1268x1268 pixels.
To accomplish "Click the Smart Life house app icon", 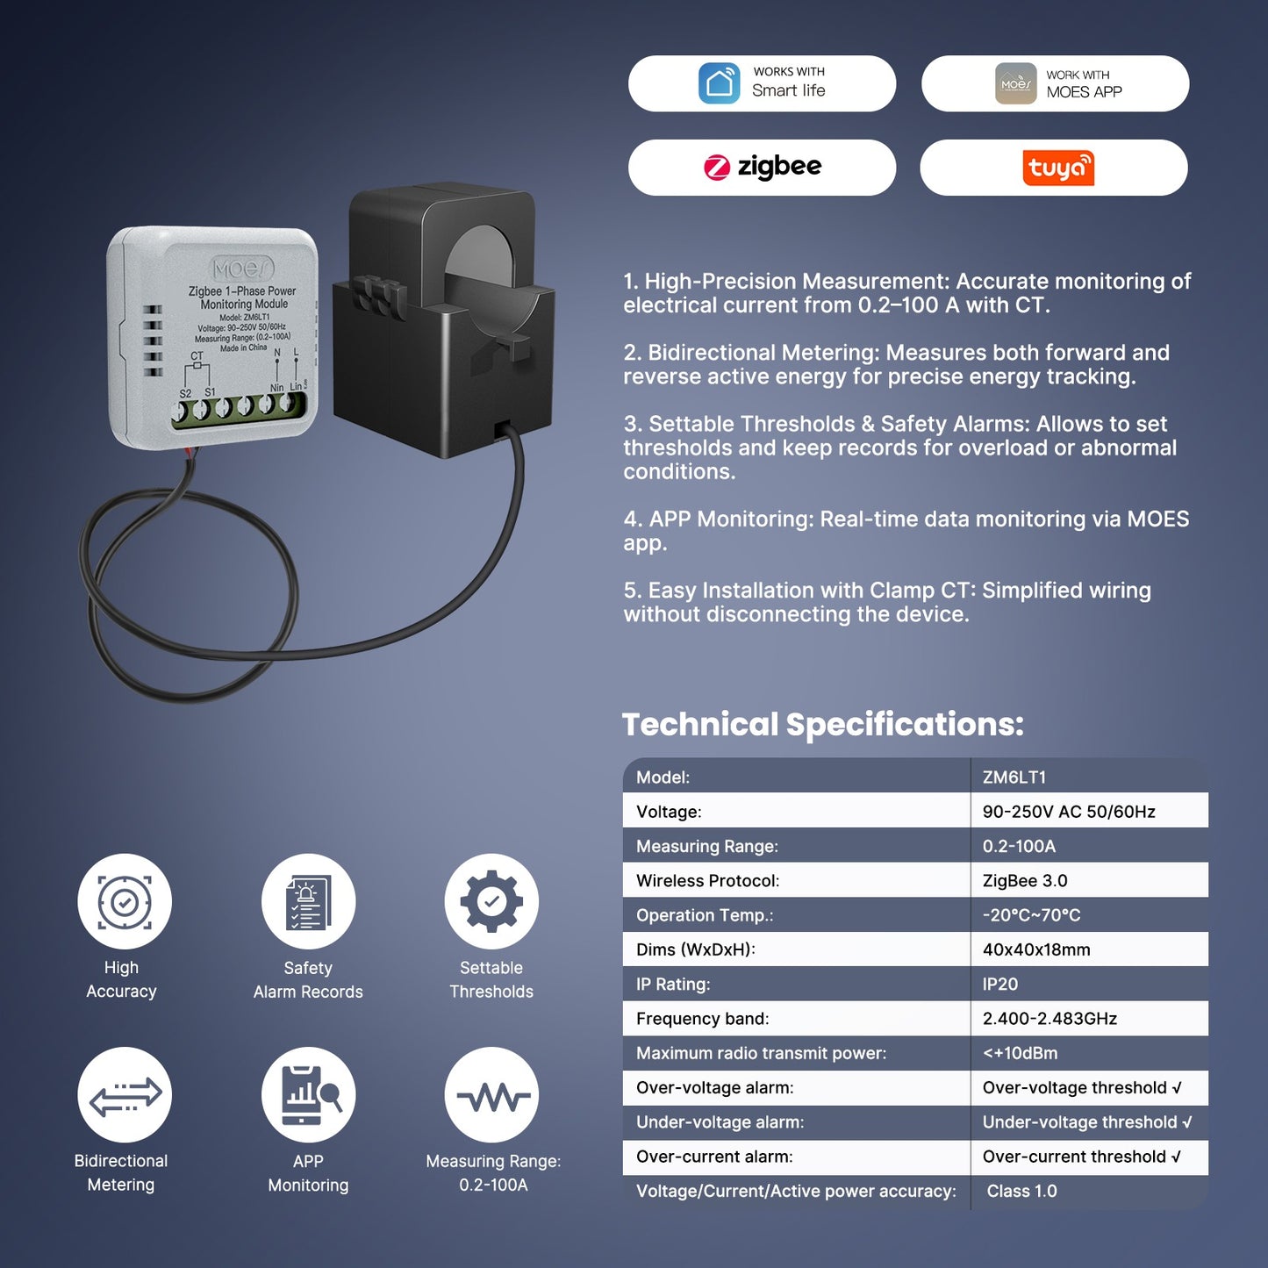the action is pyautogui.click(x=719, y=83).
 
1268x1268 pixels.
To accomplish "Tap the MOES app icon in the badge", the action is pyautogui.click(x=1015, y=83).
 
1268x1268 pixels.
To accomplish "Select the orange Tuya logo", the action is pyautogui.click(x=1058, y=168).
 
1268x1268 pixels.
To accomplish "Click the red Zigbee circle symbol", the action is pyautogui.click(x=717, y=167).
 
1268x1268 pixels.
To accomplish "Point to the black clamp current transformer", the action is pyautogui.click(x=444, y=322).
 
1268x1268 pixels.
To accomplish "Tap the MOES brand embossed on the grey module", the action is pyautogui.click(x=242, y=269).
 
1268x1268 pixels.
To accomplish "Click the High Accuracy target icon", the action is pyautogui.click(x=125, y=901).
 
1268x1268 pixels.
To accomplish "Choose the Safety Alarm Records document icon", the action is pyautogui.click(x=308, y=901).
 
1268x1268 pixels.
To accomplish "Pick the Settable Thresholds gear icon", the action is pyautogui.click(x=491, y=901).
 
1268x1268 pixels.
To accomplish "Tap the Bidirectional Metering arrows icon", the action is pyautogui.click(x=125, y=1095).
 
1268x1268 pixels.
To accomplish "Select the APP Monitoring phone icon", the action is pyautogui.click(x=308, y=1095).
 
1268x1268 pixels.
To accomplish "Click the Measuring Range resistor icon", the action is pyautogui.click(x=491, y=1095).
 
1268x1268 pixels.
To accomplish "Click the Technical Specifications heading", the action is pyautogui.click(x=822, y=725).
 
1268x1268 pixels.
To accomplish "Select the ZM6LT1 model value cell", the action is pyautogui.click(x=1014, y=777).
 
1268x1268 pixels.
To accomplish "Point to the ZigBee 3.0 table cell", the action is pyautogui.click(x=1025, y=880).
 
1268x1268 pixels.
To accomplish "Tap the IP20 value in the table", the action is pyautogui.click(x=999, y=984).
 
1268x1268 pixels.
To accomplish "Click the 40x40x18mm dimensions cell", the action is pyautogui.click(x=1035, y=949).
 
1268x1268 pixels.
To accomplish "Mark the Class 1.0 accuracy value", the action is pyautogui.click(x=1021, y=1191).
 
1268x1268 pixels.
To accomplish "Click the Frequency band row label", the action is pyautogui.click(x=702, y=1019).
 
